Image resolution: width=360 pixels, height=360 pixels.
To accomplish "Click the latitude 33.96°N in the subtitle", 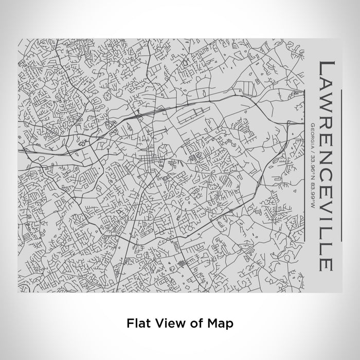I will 313,160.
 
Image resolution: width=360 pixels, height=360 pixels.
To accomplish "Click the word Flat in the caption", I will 136,323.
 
